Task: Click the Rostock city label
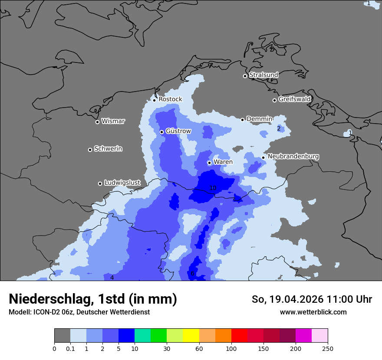[x=170, y=99]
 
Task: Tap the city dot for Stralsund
[x=245, y=76]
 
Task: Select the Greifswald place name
[x=294, y=99]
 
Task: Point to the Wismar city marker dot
[x=97, y=122]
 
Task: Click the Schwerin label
[x=108, y=149]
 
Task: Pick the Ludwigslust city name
[x=122, y=183]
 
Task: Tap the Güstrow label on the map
[x=178, y=131]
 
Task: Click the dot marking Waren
[x=209, y=163]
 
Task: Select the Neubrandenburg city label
[x=293, y=156]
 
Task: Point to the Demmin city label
[x=259, y=119]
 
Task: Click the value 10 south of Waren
[x=213, y=188]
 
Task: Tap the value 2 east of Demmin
[x=279, y=128]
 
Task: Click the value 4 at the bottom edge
[x=112, y=278]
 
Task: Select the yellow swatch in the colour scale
[x=191, y=336]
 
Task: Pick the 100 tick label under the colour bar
[x=231, y=348]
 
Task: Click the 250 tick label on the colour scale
[x=328, y=348]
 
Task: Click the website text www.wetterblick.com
[x=313, y=312]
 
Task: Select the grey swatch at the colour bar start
[x=62, y=336]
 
